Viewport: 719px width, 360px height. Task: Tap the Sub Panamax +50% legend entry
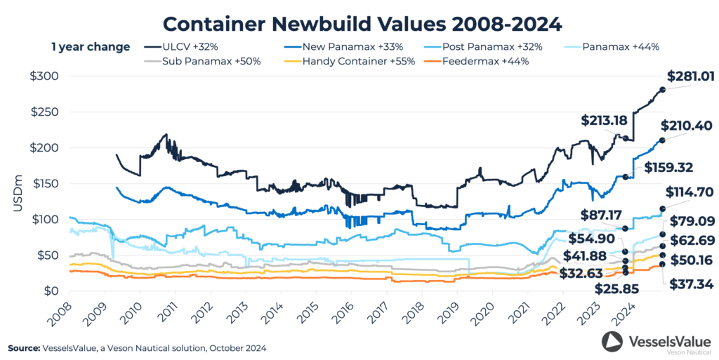tap(202, 61)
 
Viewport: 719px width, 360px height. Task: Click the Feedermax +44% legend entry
tap(496, 61)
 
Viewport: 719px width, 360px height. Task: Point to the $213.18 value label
tap(604, 121)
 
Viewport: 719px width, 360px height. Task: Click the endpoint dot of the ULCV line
tap(663, 89)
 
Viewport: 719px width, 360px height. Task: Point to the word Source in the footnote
tap(26, 348)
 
